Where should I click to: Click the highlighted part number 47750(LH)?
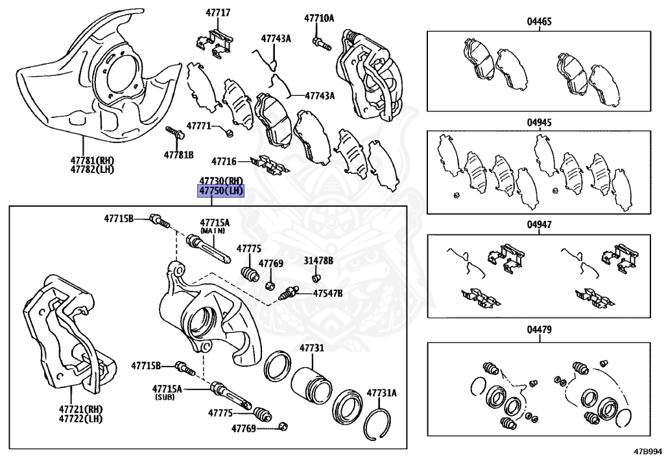[221, 191]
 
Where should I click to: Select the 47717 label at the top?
[219, 13]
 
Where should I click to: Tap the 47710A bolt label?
[319, 18]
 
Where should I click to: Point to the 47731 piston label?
[312, 348]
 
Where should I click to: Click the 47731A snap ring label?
[381, 393]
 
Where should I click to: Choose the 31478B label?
[318, 260]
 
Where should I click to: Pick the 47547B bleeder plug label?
[327, 293]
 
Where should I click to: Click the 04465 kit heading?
[539, 21]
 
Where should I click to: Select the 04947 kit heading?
[539, 224]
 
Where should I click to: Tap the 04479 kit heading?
[539, 329]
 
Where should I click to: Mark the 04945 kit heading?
[539, 122]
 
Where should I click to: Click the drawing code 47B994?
[648, 451]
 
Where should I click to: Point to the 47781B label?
[179, 155]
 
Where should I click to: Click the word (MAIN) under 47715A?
[213, 231]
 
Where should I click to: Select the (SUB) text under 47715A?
[164, 398]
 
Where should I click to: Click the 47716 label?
[224, 161]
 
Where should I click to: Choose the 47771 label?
[198, 126]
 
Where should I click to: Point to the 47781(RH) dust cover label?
[92, 160]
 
